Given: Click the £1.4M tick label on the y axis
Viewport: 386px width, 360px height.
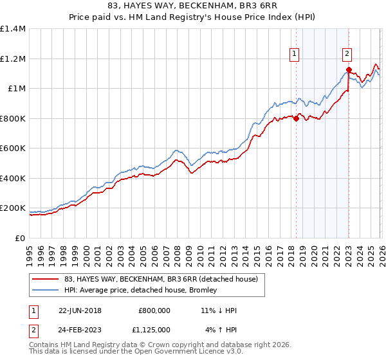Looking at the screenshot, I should click(x=13, y=29).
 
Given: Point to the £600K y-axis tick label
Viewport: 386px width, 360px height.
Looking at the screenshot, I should click(x=13, y=148).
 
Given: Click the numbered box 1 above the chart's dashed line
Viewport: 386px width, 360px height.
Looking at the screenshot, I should click(x=294, y=55).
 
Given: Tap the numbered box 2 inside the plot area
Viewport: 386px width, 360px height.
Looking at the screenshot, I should click(x=347, y=55).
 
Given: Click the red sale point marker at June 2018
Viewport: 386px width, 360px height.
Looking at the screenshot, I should click(x=296, y=118).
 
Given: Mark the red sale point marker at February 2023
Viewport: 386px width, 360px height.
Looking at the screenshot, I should click(x=348, y=70).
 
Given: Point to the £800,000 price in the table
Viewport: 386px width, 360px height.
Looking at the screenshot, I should click(x=154, y=310).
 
